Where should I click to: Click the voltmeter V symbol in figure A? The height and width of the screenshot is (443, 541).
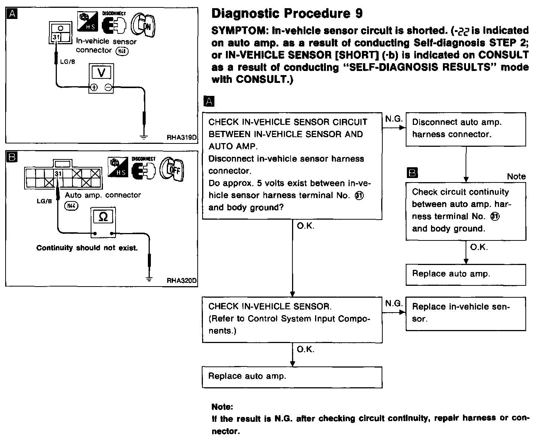[101, 73]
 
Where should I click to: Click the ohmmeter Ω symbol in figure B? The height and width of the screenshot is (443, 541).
[104, 217]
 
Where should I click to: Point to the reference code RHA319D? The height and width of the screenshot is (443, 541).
[181, 138]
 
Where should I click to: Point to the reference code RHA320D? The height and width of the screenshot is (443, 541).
[181, 281]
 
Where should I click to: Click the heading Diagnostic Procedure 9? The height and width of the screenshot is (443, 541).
[287, 14]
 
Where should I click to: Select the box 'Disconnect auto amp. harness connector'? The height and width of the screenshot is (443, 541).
[466, 129]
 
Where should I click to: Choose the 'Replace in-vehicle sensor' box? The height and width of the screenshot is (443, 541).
[466, 313]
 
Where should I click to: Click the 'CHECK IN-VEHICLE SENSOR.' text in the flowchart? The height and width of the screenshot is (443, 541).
[269, 307]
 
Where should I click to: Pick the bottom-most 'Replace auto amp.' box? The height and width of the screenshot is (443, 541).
[292, 376]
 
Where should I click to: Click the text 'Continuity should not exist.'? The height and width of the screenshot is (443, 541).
[87, 248]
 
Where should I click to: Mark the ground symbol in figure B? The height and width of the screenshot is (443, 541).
[149, 279]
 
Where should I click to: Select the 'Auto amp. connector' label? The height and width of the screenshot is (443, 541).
[103, 195]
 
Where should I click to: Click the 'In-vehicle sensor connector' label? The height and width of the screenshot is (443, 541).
[106, 46]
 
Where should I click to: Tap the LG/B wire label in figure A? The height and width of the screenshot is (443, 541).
[67, 62]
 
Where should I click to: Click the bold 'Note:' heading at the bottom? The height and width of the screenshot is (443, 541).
[222, 407]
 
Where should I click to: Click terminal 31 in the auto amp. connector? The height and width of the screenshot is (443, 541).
[58, 174]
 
